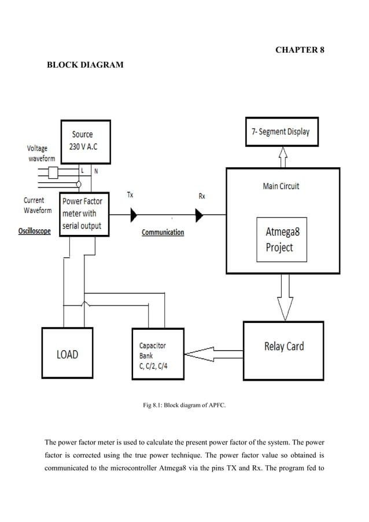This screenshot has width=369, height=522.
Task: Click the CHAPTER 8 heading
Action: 299,50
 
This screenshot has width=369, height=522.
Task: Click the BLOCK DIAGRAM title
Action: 85,65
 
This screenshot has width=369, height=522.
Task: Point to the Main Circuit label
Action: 281,186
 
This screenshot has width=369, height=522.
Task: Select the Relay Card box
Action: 283,347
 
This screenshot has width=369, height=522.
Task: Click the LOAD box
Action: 67,354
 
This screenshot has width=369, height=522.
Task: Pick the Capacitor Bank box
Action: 157,354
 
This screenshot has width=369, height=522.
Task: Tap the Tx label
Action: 130,195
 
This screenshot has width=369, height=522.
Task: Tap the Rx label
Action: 202,196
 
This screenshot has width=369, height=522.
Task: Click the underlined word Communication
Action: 163,232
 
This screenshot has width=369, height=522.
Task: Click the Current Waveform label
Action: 38,205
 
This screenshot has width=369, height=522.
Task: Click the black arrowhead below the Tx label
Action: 134,215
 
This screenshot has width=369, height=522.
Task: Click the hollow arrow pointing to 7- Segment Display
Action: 283,156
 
